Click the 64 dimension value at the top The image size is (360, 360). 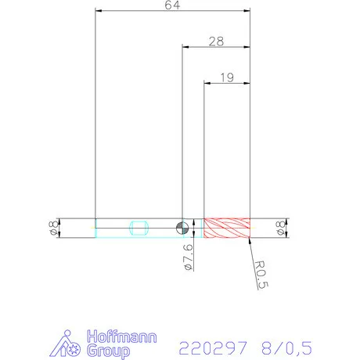[x=172, y=5]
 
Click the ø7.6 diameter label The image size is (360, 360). [x=186, y=257]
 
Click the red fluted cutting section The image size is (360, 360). [x=227, y=228]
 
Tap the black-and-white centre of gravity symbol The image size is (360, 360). [x=182, y=228]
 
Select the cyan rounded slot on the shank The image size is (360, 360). [x=139, y=228]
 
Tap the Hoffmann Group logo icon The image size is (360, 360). [x=70, y=344]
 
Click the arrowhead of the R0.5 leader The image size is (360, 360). [x=250, y=239]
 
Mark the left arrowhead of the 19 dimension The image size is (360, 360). [x=207, y=82]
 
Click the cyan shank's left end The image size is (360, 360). [x=95, y=228]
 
